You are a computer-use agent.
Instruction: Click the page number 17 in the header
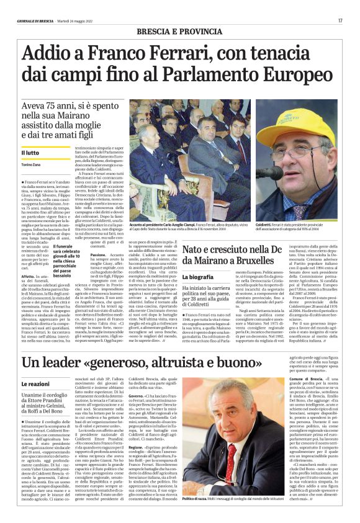(341, 21)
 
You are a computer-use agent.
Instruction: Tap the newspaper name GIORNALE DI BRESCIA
(36, 22)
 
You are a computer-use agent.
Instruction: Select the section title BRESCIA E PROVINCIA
(179, 30)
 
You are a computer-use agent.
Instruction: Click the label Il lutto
(31, 153)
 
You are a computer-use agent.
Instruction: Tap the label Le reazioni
(36, 384)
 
